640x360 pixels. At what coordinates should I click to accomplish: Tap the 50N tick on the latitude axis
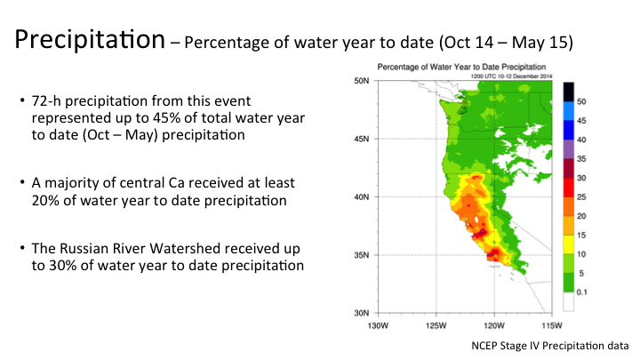point(362,81)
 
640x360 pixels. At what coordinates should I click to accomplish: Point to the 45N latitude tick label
point(362,139)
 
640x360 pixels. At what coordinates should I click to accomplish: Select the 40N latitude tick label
point(362,197)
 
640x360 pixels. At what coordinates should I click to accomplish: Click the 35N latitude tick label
point(362,255)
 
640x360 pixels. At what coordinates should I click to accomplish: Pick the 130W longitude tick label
point(378,324)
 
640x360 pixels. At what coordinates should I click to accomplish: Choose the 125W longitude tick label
point(436,324)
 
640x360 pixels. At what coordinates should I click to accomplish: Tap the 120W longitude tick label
point(493,324)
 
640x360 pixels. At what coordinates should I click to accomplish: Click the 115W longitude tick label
point(552,324)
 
